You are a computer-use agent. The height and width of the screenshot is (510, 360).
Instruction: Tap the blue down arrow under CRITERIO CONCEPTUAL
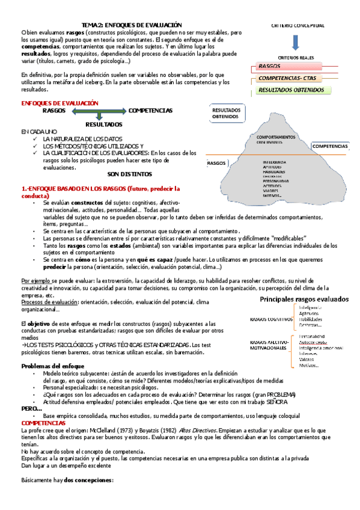[297, 43]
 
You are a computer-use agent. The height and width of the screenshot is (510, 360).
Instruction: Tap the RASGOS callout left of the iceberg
[216, 163]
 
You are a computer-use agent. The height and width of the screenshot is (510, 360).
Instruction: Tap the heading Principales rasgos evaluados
[304, 299]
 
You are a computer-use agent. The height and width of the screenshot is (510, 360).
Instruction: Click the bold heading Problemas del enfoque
[53, 366]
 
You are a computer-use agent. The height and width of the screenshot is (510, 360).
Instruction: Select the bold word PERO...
[31, 408]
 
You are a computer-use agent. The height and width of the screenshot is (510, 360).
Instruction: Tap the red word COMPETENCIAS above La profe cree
[43, 423]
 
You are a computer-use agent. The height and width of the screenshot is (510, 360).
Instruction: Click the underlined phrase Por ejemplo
[35, 281]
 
